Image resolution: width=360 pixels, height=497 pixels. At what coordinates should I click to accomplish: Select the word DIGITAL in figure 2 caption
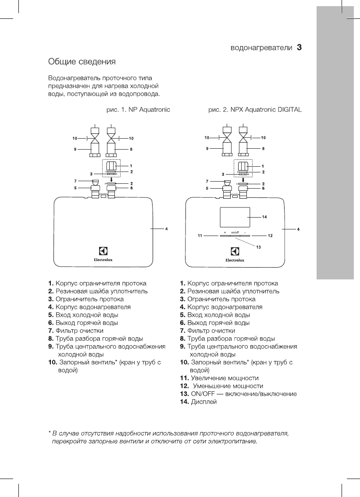point(289,109)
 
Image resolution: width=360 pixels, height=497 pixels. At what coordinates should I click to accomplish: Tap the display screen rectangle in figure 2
point(235,216)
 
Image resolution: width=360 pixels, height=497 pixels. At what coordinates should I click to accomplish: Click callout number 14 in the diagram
point(264,217)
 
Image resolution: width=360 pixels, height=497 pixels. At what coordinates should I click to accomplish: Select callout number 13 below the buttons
point(258,247)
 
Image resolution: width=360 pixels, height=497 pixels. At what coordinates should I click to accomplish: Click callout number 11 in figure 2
point(200,236)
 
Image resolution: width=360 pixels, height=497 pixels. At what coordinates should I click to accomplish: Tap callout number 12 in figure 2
point(270,236)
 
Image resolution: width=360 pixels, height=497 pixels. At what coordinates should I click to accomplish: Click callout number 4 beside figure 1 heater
point(166,229)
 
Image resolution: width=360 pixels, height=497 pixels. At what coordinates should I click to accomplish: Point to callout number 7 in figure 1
point(75,181)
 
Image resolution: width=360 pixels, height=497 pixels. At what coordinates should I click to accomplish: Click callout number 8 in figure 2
point(263,149)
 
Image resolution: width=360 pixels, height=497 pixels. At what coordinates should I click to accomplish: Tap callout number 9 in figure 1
point(75,149)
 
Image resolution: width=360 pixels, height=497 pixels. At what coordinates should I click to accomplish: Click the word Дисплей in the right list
point(204,402)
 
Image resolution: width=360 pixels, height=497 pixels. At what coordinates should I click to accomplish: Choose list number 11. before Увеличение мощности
point(184,378)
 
